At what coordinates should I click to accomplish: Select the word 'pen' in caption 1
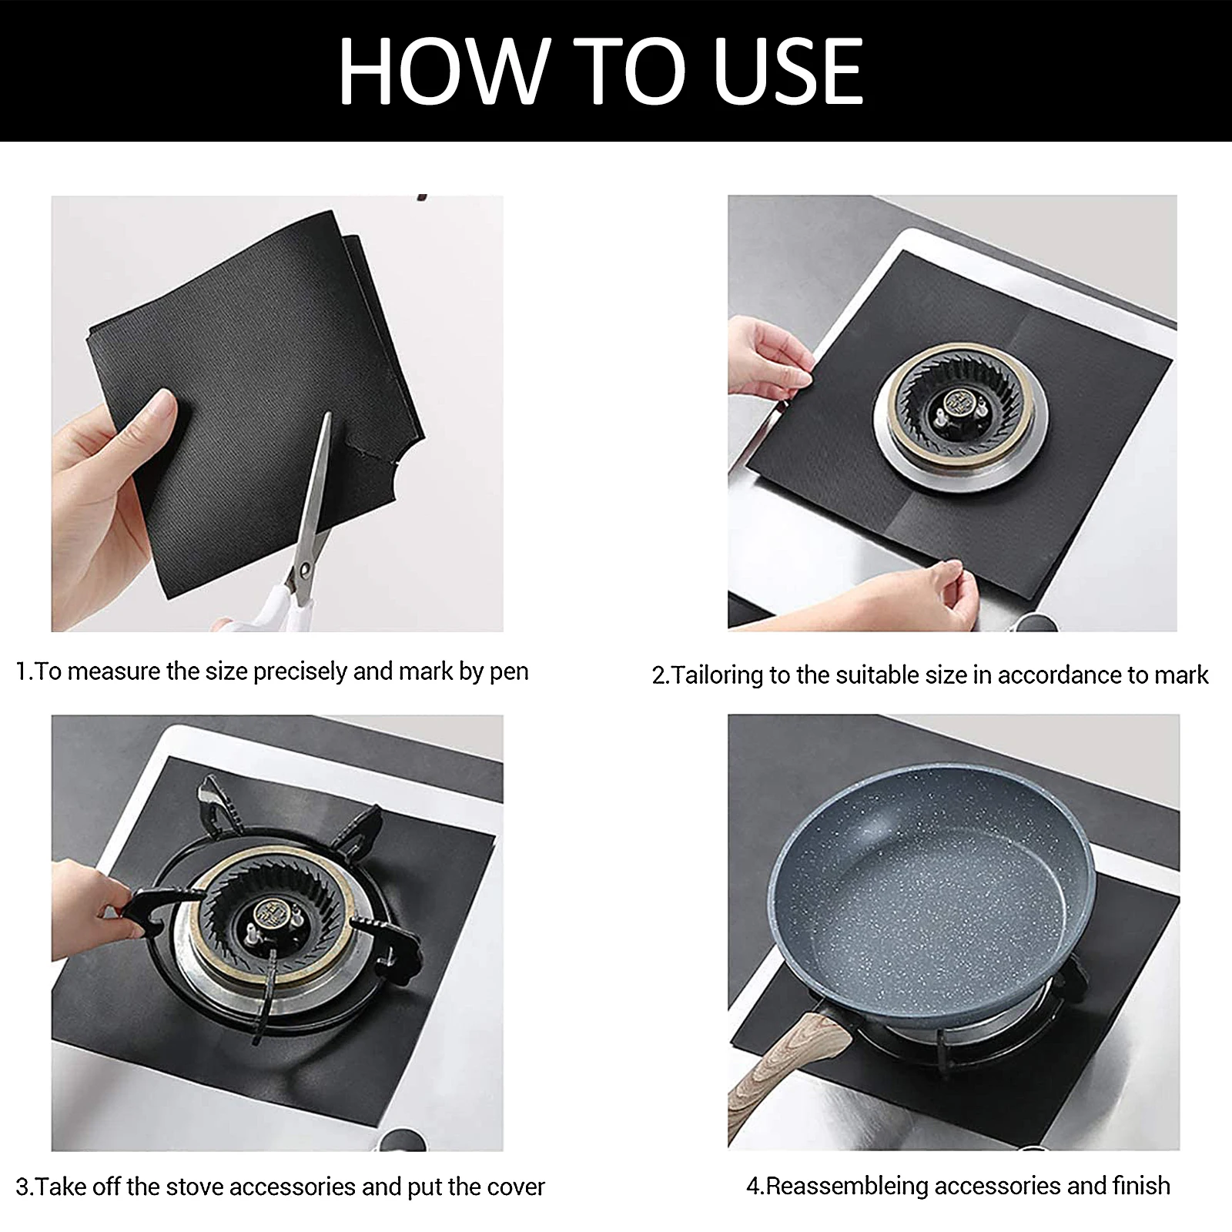(509, 672)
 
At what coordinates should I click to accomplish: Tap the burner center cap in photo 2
(957, 403)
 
